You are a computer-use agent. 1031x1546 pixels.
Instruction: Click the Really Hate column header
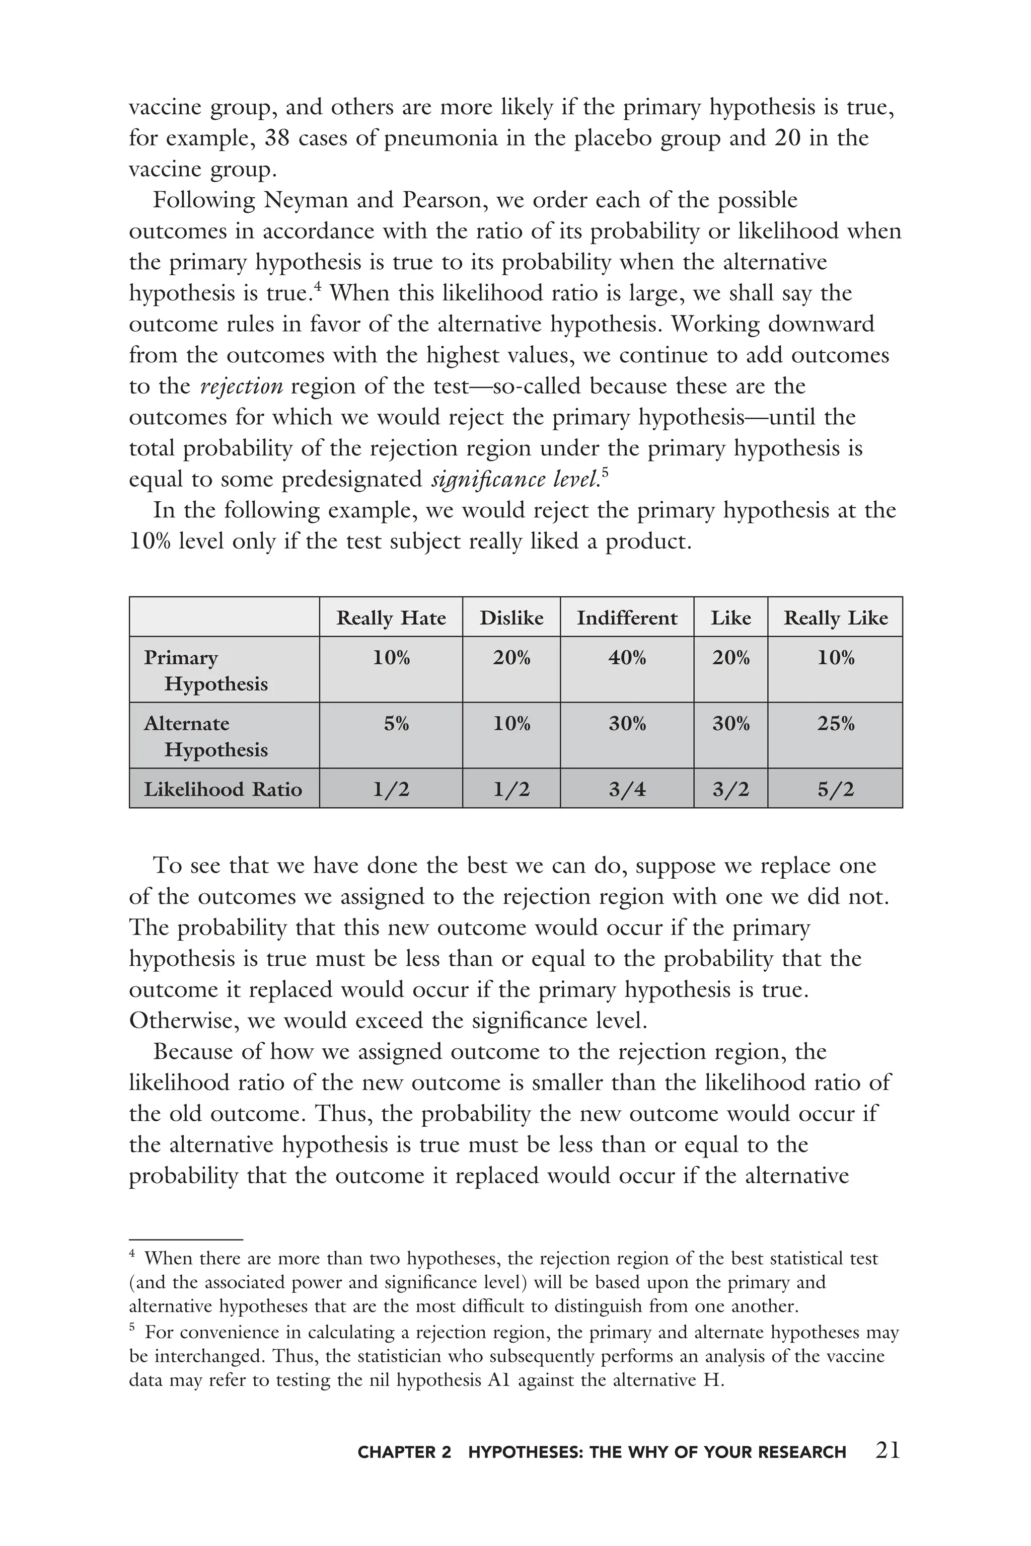[x=391, y=618]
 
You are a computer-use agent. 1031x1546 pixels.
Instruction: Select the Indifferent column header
[x=627, y=618]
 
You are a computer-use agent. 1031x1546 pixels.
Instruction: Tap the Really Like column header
[x=835, y=618]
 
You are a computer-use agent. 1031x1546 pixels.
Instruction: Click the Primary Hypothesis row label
[x=205, y=670]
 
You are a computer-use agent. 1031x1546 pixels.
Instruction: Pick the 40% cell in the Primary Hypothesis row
[x=627, y=657]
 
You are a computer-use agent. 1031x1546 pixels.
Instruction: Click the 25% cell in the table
[x=835, y=724]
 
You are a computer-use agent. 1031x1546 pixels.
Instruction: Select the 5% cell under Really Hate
[x=396, y=724]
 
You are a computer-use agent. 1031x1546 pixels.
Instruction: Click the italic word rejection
[x=241, y=386]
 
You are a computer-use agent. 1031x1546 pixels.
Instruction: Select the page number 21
[x=888, y=1450]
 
